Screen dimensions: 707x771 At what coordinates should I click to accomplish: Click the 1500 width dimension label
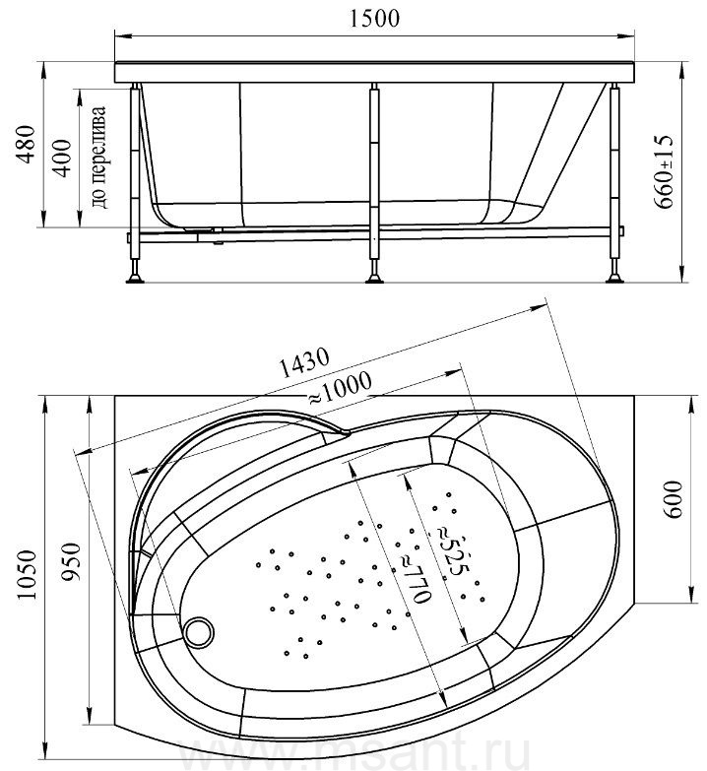374,18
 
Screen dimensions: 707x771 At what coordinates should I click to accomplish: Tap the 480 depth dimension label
26,144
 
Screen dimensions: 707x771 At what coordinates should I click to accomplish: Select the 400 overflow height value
62,158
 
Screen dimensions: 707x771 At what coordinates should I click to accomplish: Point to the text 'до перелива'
98,157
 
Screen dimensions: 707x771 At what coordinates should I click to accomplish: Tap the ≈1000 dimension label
340,388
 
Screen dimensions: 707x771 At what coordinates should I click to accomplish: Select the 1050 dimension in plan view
27,574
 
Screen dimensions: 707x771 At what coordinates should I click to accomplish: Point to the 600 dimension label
674,499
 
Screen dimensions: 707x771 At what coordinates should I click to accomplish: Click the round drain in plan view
199,632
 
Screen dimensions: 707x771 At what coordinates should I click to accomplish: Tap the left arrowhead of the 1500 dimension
121,35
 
